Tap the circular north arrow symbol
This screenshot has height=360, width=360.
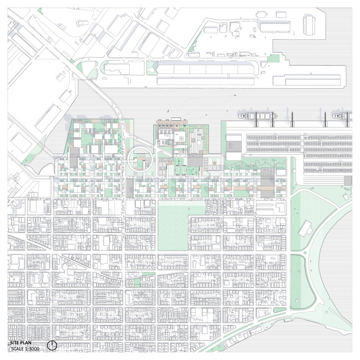click(52, 346)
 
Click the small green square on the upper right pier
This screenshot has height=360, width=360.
click(273, 59)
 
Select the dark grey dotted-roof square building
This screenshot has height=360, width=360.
click(268, 173)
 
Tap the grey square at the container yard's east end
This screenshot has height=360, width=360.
click(347, 180)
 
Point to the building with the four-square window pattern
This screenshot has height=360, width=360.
click(180, 138)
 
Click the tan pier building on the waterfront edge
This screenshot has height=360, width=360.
click(171, 122)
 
